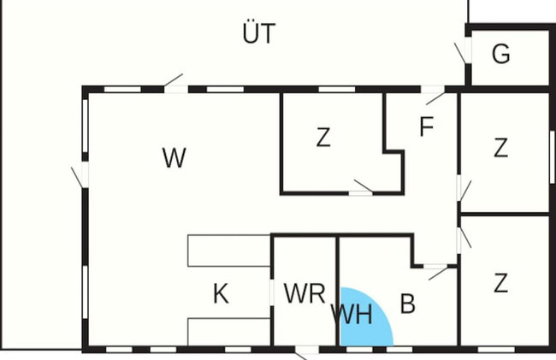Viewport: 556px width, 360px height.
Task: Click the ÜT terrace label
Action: pyautogui.click(x=259, y=33)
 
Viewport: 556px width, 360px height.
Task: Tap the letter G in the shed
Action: pyautogui.click(x=501, y=54)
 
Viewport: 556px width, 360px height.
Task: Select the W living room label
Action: pyautogui.click(x=174, y=157)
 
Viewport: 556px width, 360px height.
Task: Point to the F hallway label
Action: pyautogui.click(x=427, y=127)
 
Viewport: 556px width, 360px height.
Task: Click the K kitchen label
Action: pyautogui.click(x=221, y=294)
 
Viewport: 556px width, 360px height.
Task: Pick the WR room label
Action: pyautogui.click(x=305, y=293)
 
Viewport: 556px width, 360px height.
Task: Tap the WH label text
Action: pyautogui.click(x=352, y=315)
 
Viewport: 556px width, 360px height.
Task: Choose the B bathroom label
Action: pyautogui.click(x=408, y=304)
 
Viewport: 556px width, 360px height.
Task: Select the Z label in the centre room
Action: pyautogui.click(x=323, y=138)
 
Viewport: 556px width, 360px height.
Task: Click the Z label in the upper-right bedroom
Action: pyautogui.click(x=500, y=148)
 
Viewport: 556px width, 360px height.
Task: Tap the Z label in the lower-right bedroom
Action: pyautogui.click(x=500, y=283)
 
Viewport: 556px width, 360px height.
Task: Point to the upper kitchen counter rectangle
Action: pyautogui.click(x=229, y=251)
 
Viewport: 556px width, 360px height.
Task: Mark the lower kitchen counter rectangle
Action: pyautogui.click(x=229, y=332)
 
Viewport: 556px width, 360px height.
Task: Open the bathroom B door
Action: pyautogui.click(x=436, y=271)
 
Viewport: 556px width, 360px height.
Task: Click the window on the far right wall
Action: pyautogui.click(x=553, y=157)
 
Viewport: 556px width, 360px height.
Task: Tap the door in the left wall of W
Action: pyautogui.click(x=80, y=175)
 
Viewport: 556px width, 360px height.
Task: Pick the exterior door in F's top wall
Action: pyautogui.click(x=433, y=95)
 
